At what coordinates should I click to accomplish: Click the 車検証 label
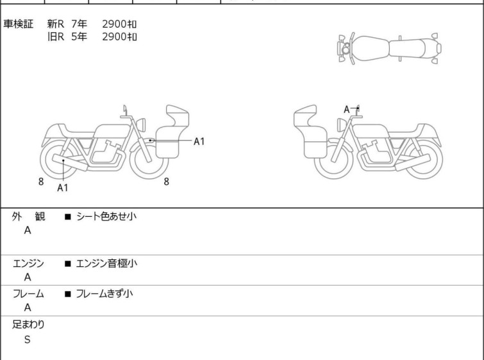(x=18, y=24)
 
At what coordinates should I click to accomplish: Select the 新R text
(x=56, y=24)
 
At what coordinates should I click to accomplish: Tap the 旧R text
(x=56, y=37)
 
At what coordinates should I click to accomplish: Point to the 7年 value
(x=79, y=24)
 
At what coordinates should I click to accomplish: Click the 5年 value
(x=79, y=37)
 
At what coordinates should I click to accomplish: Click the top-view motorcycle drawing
(x=389, y=49)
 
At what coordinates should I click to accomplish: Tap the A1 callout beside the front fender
(x=199, y=142)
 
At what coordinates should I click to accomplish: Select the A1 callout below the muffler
(x=63, y=187)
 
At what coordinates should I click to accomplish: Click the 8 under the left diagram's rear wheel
(x=41, y=182)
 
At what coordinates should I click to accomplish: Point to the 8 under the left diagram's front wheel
(x=167, y=182)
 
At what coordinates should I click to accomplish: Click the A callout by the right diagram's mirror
(x=347, y=109)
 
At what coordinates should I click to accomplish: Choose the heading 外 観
(x=28, y=217)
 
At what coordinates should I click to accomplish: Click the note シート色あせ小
(x=106, y=216)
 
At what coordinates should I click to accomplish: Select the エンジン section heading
(x=28, y=264)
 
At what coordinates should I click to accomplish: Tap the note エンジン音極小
(x=106, y=263)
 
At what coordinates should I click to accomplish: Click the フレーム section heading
(x=28, y=293)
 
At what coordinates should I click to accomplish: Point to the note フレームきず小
(x=104, y=293)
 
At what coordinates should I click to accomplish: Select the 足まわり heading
(x=28, y=325)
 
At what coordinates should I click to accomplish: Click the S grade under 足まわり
(x=28, y=339)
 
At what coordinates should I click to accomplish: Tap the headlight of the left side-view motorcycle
(x=141, y=124)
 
